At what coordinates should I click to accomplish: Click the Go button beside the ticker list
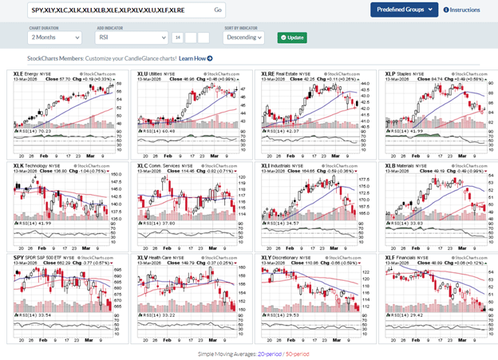218,10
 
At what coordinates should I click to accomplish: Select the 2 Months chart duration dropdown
57,38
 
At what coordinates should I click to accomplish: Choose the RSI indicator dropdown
131,38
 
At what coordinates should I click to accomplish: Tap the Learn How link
195,58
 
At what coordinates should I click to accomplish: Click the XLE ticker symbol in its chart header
19,73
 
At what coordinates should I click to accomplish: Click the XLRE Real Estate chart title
283,73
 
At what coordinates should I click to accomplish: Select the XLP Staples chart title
403,73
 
